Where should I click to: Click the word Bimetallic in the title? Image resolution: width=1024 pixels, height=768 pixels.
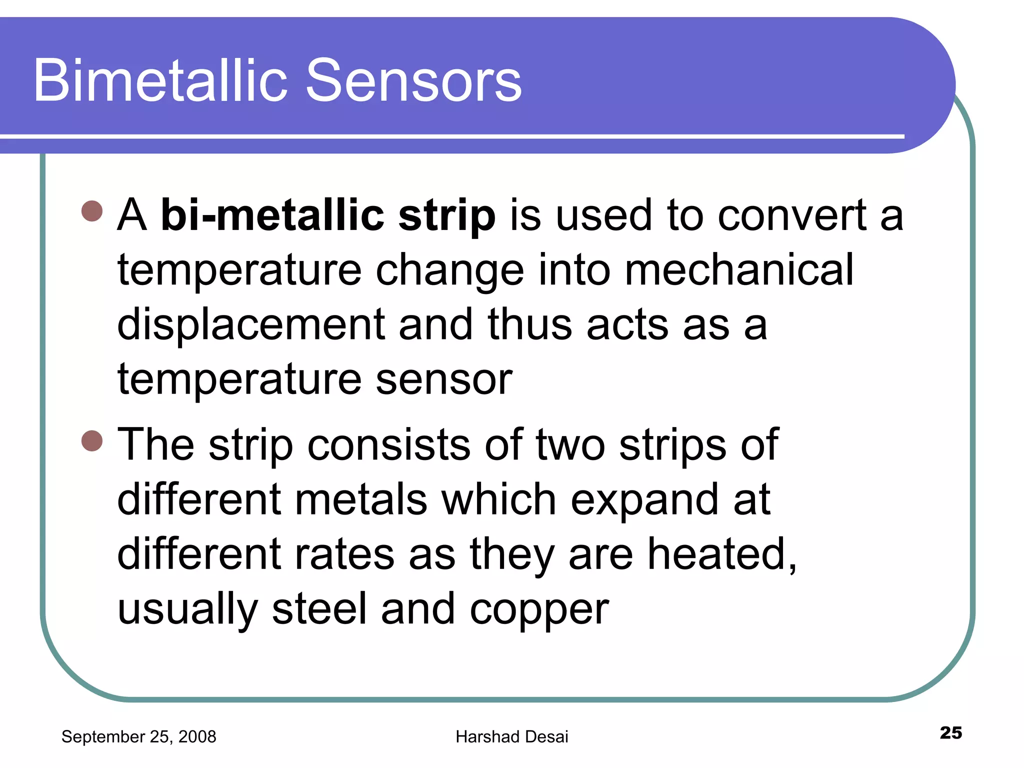pyautogui.click(x=160, y=81)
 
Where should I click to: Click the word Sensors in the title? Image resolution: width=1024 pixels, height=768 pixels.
pyautogui.click(x=413, y=81)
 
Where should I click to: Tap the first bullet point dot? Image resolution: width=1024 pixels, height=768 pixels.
pyautogui.click(x=92, y=211)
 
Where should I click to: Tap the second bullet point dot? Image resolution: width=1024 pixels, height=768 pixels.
pyautogui.click(x=92, y=440)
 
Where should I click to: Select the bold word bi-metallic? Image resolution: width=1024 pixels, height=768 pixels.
pyautogui.click(x=272, y=216)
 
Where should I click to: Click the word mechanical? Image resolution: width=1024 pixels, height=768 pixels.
pyautogui.click(x=739, y=270)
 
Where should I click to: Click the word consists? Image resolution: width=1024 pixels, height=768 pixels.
pyautogui.click(x=388, y=445)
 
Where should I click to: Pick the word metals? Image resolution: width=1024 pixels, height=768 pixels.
pyautogui.click(x=361, y=499)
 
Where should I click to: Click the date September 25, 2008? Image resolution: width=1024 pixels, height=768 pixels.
pyautogui.click(x=138, y=736)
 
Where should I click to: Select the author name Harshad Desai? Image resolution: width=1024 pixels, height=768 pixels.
pyautogui.click(x=512, y=736)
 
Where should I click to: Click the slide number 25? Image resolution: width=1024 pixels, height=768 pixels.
pyautogui.click(x=950, y=732)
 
